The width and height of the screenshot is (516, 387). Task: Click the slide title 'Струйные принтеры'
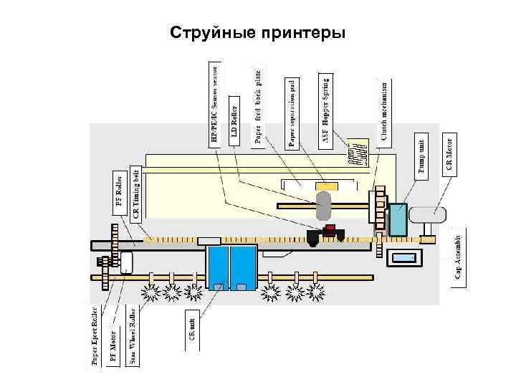click(x=258, y=33)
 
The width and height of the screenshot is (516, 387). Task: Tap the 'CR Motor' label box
click(x=449, y=153)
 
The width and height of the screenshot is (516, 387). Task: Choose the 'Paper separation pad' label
click(x=292, y=113)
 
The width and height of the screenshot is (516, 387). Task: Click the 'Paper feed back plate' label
click(x=259, y=107)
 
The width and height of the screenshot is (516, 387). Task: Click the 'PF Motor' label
click(x=113, y=348)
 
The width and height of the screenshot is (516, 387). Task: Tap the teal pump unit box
click(x=398, y=219)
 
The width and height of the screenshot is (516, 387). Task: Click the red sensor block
click(x=330, y=231)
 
